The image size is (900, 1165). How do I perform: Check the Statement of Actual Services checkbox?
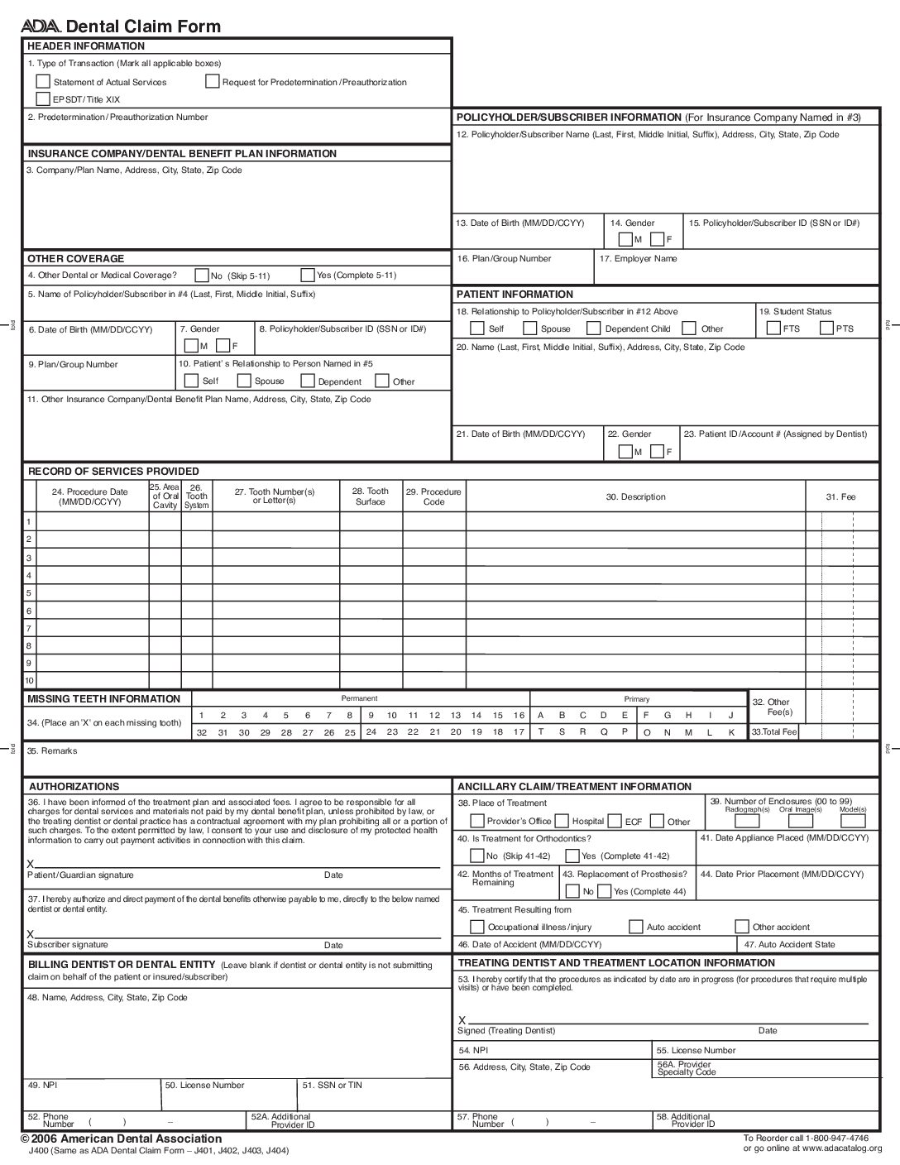tap(43, 81)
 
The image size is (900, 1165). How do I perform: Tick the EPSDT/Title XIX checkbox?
tap(43, 99)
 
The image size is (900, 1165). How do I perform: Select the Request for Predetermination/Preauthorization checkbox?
tap(213, 81)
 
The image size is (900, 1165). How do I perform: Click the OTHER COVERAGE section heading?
tap(75, 259)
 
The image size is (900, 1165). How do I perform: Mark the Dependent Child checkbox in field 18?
tap(593, 328)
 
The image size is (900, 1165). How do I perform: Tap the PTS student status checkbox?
tap(826, 328)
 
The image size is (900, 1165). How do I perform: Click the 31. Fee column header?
tap(840, 497)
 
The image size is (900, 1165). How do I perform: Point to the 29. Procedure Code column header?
tap(433, 496)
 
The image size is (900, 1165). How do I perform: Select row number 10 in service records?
tap(30, 681)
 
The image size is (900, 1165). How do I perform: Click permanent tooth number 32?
tap(201, 733)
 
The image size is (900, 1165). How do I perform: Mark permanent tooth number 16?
tap(519, 716)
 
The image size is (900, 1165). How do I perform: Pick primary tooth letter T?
tap(541, 732)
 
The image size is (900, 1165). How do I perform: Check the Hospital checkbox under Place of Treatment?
tap(562, 822)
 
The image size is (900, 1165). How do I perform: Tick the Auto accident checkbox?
tap(635, 927)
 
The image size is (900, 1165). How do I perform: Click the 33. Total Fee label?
tap(773, 732)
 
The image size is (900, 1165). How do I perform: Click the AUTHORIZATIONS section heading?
tap(74, 787)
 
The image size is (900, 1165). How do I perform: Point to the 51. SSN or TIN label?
tap(332, 1085)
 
